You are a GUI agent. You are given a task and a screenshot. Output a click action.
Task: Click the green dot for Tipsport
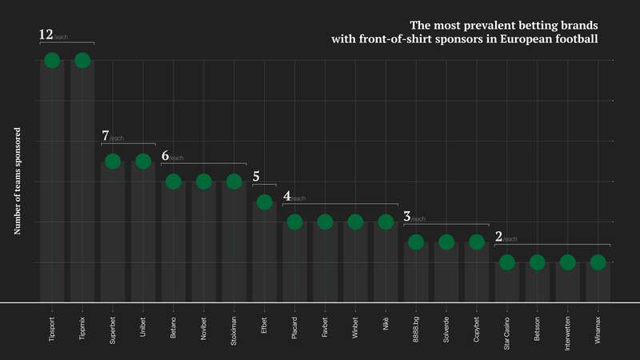(x=52, y=60)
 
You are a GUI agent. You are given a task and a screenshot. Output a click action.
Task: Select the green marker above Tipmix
(x=82, y=60)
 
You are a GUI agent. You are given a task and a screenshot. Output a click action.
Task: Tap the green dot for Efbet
(x=264, y=202)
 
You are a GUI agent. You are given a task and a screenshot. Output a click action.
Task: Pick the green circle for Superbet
(x=113, y=162)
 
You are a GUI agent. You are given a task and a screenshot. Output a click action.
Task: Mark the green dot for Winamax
(x=598, y=262)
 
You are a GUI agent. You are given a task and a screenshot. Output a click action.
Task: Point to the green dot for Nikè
(x=386, y=222)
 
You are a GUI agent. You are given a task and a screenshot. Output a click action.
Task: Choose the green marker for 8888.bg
(x=416, y=242)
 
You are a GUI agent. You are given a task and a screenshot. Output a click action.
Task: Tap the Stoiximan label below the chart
(x=234, y=330)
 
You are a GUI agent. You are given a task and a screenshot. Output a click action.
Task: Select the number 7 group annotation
(x=106, y=136)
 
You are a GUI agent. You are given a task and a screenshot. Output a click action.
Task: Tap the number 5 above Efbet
(x=256, y=177)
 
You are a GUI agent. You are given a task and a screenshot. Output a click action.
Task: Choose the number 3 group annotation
(x=407, y=216)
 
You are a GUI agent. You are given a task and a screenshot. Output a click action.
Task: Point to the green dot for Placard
(x=294, y=222)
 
